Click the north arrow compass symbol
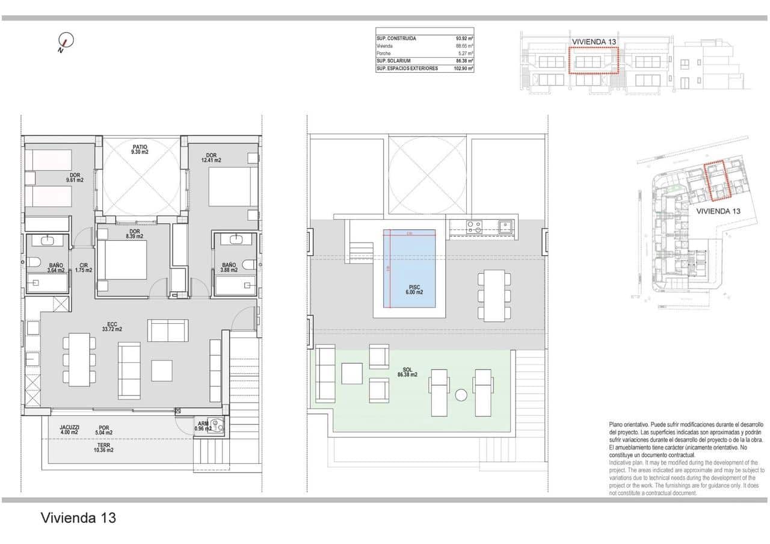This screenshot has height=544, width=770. [x=66, y=42]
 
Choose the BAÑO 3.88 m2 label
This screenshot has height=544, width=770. [x=229, y=267]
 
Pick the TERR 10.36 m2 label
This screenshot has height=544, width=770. [x=103, y=447]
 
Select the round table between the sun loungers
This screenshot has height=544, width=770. [x=461, y=395]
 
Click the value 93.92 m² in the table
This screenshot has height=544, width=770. [x=464, y=39]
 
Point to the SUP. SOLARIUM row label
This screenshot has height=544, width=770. [x=394, y=61]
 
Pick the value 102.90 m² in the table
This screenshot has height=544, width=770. [x=463, y=69]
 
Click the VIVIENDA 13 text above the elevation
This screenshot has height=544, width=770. [x=594, y=42]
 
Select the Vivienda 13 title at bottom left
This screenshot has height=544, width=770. [x=78, y=518]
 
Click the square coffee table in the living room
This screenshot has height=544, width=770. [x=162, y=370]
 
